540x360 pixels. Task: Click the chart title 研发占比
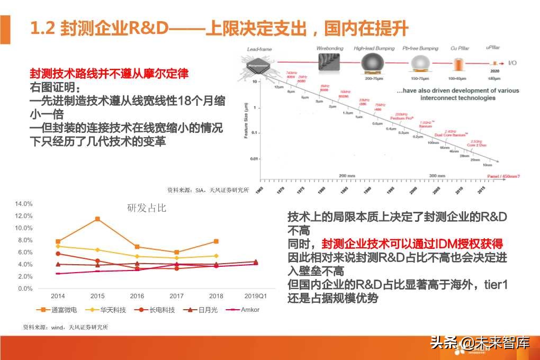click(x=147, y=208)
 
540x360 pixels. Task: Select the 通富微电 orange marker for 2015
click(x=97, y=219)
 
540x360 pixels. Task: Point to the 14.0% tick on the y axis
click(x=24, y=204)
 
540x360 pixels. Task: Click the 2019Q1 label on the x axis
click(x=256, y=296)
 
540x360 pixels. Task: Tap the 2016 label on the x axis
click(x=137, y=296)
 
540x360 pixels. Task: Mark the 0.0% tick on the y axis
click(x=25, y=289)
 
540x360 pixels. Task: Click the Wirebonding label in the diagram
click(x=330, y=49)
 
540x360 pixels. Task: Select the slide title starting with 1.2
click(x=219, y=28)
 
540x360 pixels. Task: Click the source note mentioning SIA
click(x=208, y=190)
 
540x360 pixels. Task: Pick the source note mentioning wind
click(x=66, y=327)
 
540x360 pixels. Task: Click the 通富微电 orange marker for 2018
click(x=216, y=241)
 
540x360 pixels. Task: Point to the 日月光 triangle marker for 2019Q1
click(x=256, y=262)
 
